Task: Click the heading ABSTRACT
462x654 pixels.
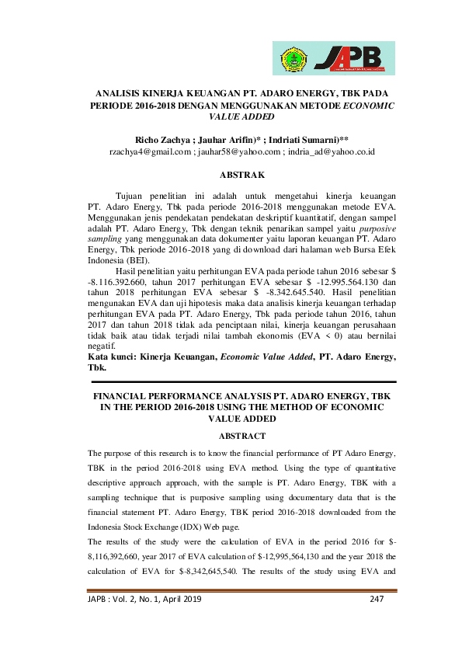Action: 242,436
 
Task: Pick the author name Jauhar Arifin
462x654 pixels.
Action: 231,137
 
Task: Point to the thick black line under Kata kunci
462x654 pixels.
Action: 242,382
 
